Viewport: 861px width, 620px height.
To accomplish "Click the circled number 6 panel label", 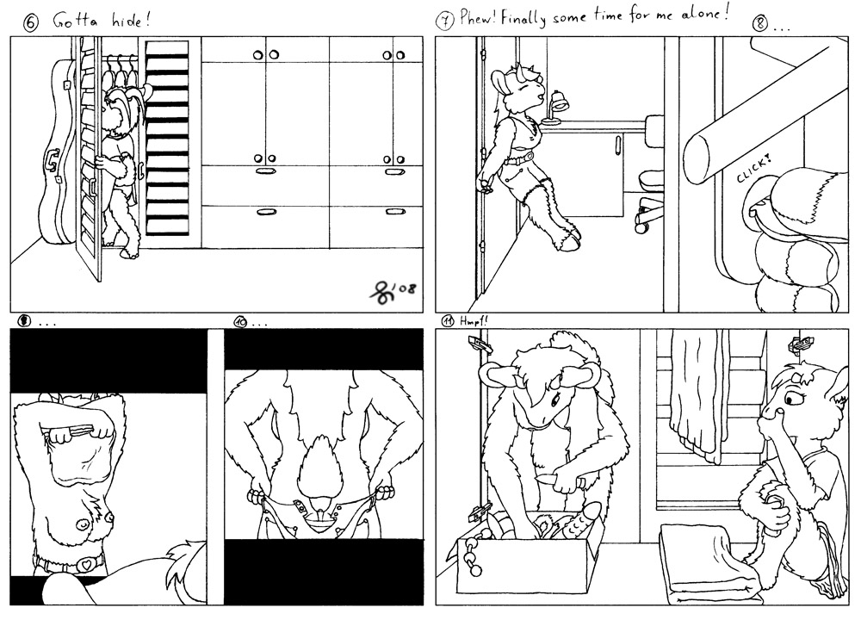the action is coord(32,23).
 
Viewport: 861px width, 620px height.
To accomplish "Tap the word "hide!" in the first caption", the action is coord(131,22).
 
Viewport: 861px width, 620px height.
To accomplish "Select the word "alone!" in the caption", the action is coord(705,15).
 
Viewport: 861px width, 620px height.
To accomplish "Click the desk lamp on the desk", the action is coord(554,108).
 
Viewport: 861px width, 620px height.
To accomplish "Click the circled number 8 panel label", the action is coord(759,25).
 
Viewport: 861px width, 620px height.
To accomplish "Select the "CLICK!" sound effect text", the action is coord(753,169).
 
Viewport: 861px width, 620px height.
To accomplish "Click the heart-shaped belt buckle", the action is coord(85,563).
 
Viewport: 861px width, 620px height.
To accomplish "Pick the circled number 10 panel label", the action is coord(240,322).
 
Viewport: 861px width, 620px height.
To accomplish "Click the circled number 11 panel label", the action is coord(448,321).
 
